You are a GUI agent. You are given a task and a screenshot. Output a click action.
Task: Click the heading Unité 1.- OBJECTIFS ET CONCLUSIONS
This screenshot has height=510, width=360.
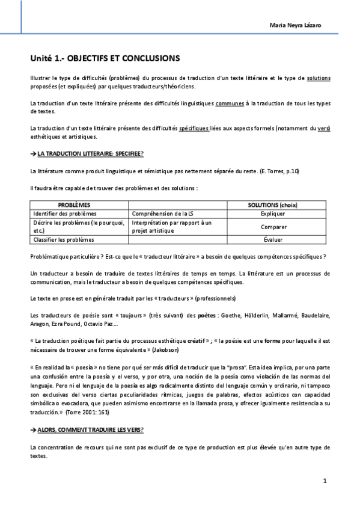point(105,59)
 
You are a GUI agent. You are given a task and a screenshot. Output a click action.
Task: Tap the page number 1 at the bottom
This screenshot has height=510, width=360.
point(324,481)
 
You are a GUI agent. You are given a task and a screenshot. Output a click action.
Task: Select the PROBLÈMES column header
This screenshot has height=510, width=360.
point(78,206)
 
